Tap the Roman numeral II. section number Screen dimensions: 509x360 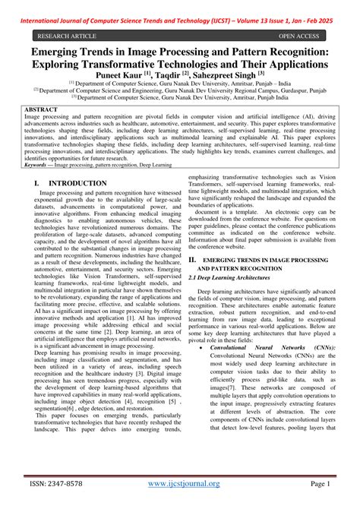[x=193, y=259]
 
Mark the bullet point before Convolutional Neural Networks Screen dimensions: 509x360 [x=200, y=346]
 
